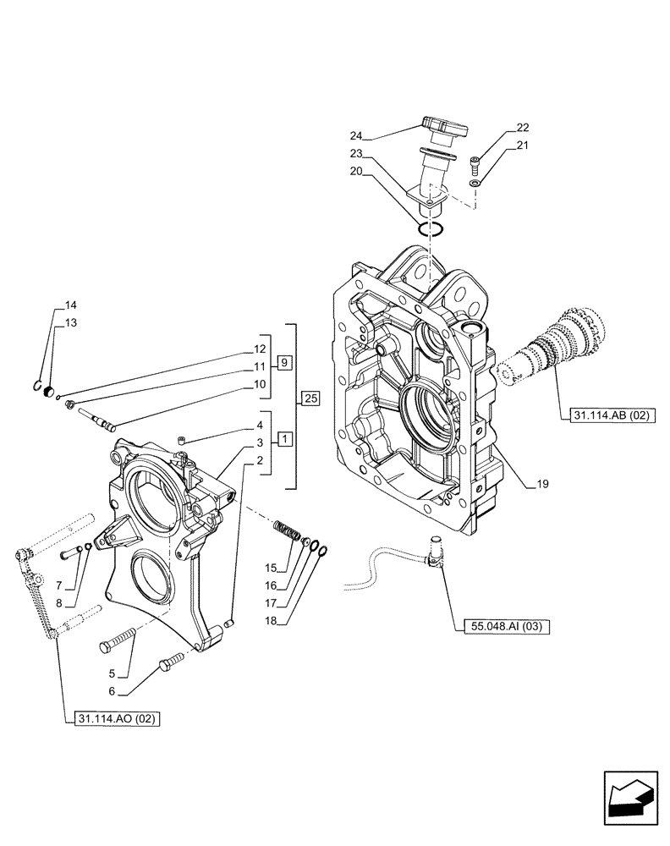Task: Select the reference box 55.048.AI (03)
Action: (506, 627)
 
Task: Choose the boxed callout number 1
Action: (285, 440)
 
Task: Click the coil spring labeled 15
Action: (288, 533)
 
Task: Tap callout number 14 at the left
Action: (70, 305)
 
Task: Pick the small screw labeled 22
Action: (475, 162)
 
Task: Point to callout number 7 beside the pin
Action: (59, 586)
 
